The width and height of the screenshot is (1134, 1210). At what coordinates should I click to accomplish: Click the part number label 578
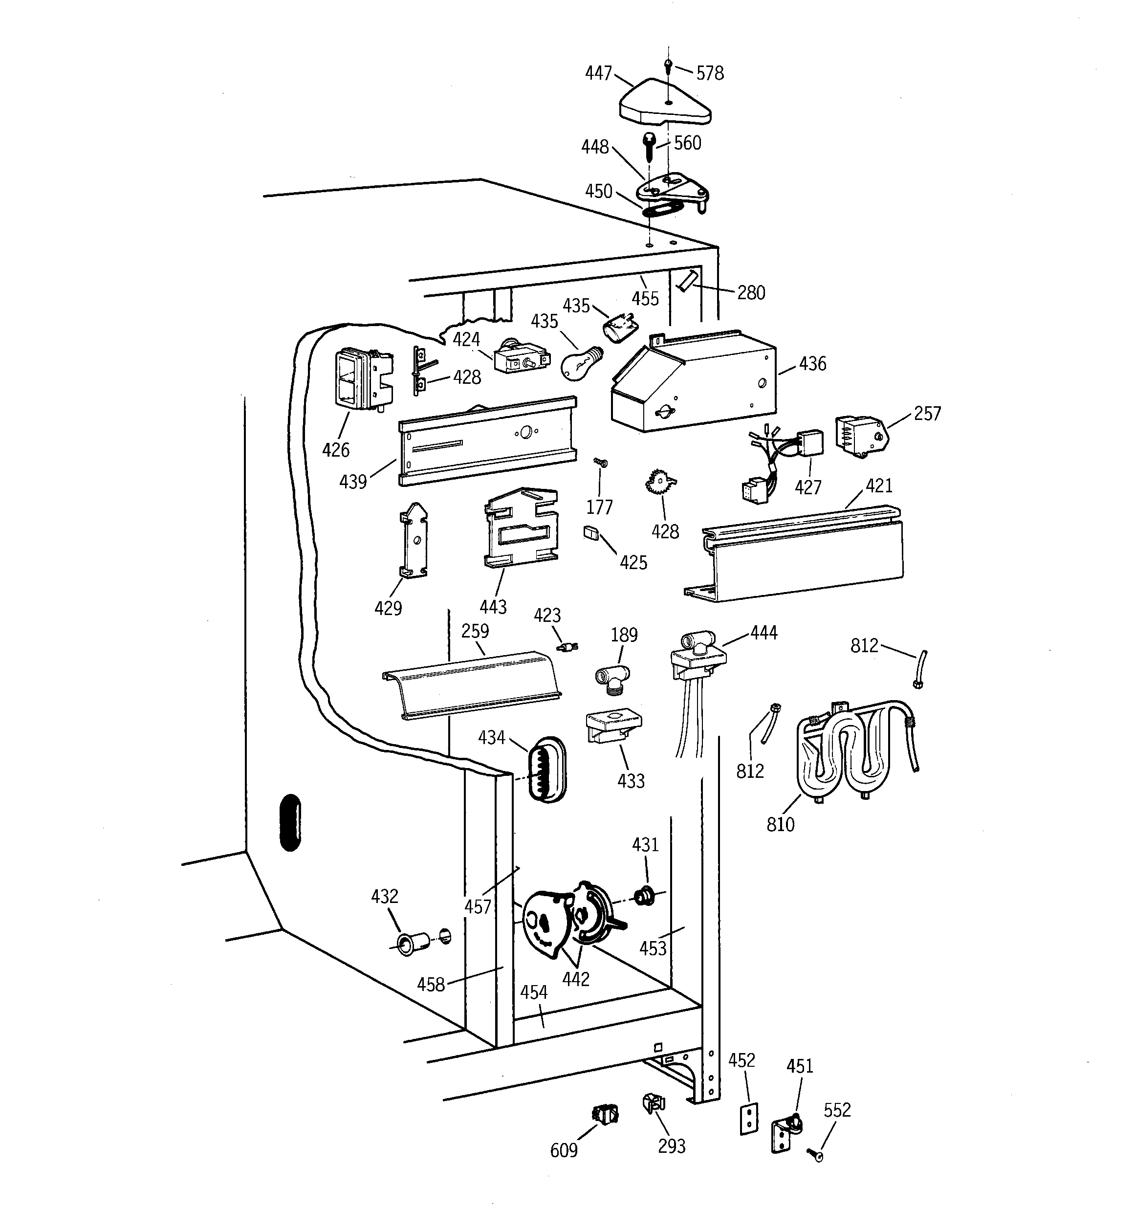tap(710, 74)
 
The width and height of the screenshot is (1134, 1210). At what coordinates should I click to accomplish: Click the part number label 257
tap(927, 414)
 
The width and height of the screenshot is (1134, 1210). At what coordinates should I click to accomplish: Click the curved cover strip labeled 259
tap(469, 685)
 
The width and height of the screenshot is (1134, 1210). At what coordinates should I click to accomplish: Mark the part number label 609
tap(564, 1150)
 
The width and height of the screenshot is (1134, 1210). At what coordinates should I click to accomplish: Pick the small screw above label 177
tap(601, 463)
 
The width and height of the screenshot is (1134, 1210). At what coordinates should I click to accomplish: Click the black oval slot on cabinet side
tap(290, 822)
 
